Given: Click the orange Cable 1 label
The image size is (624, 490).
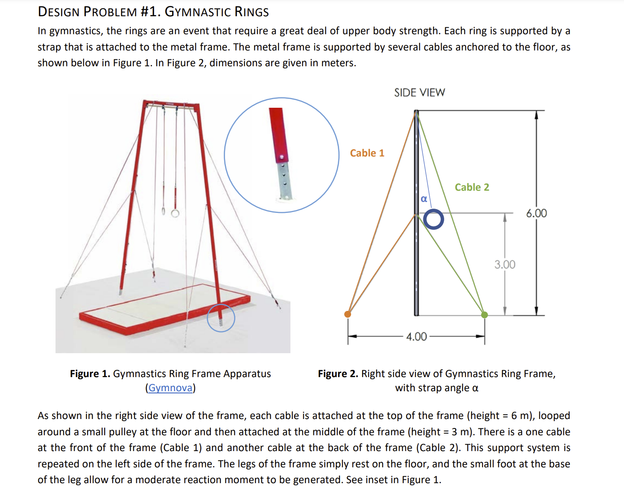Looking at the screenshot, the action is [x=367, y=153].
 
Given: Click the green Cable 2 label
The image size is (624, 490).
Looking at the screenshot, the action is [x=472, y=187].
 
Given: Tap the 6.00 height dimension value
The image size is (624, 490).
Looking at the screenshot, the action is [x=536, y=213].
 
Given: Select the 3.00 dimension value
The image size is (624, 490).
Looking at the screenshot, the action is [x=504, y=265].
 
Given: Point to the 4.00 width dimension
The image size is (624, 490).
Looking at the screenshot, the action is [x=416, y=337].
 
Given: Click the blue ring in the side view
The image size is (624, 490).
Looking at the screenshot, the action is [x=434, y=219].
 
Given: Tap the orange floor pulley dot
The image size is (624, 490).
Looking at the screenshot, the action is [x=348, y=314].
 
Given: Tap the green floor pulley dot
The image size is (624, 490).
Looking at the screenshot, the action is [x=484, y=315].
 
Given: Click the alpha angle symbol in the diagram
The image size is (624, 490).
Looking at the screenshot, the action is [x=424, y=199].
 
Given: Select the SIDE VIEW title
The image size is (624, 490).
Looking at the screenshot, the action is [x=419, y=93].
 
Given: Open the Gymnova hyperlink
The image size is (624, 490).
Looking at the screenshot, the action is [x=170, y=388].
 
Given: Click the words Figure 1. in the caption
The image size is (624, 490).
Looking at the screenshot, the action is [x=90, y=374].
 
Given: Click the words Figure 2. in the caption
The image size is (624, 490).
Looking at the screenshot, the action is [x=338, y=374].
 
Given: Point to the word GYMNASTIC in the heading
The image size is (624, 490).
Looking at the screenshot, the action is [x=198, y=12].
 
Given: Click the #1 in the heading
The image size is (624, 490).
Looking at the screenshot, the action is [x=149, y=12].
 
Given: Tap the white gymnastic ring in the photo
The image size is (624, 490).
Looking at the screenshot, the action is [x=175, y=213].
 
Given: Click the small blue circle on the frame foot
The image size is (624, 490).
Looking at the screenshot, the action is [x=221, y=318].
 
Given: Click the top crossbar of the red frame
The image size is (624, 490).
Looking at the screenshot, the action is [x=171, y=104].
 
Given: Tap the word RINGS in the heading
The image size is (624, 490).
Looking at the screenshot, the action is [x=252, y=12].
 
